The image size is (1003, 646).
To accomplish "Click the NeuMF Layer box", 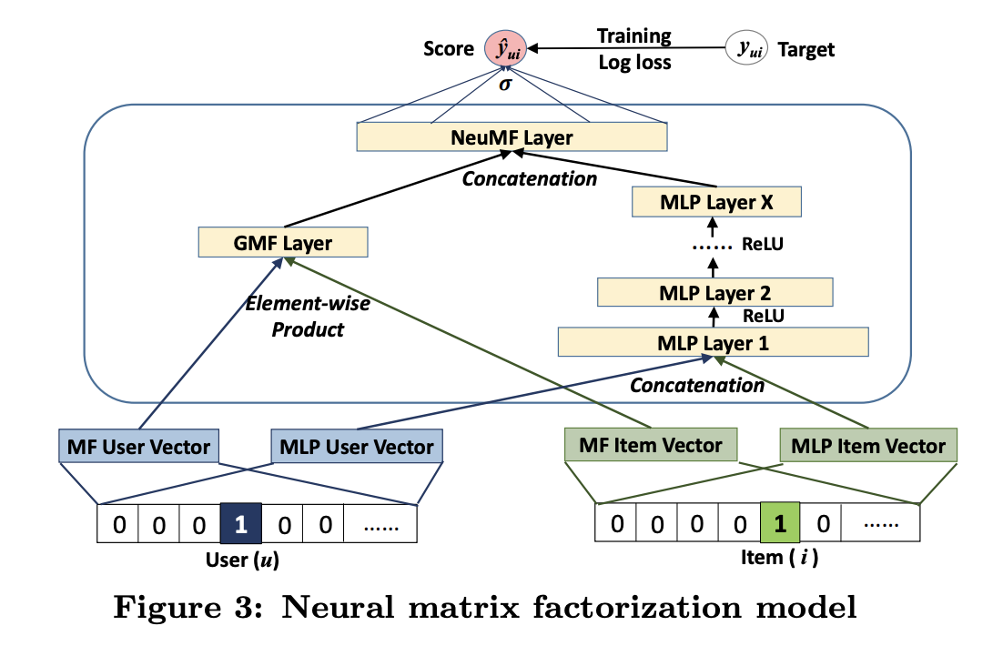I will click(x=512, y=137).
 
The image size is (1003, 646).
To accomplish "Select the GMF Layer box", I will click(x=282, y=243).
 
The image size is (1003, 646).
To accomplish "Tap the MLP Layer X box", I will click(x=716, y=203).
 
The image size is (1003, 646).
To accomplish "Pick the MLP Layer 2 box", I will click(x=714, y=292).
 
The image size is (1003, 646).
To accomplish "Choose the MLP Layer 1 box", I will click(x=713, y=342).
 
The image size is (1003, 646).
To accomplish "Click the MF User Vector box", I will click(x=138, y=447).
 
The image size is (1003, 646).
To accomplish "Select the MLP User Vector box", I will click(x=357, y=447).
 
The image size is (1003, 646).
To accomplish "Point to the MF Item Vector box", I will click(x=650, y=446).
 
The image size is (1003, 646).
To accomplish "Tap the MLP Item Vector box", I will click(x=868, y=446).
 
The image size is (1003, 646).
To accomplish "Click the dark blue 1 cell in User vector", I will click(x=240, y=524).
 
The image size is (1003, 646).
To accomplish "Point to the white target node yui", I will click(x=746, y=48).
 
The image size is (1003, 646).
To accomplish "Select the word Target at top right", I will click(x=805, y=49).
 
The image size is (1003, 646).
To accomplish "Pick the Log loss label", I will click(x=633, y=63).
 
